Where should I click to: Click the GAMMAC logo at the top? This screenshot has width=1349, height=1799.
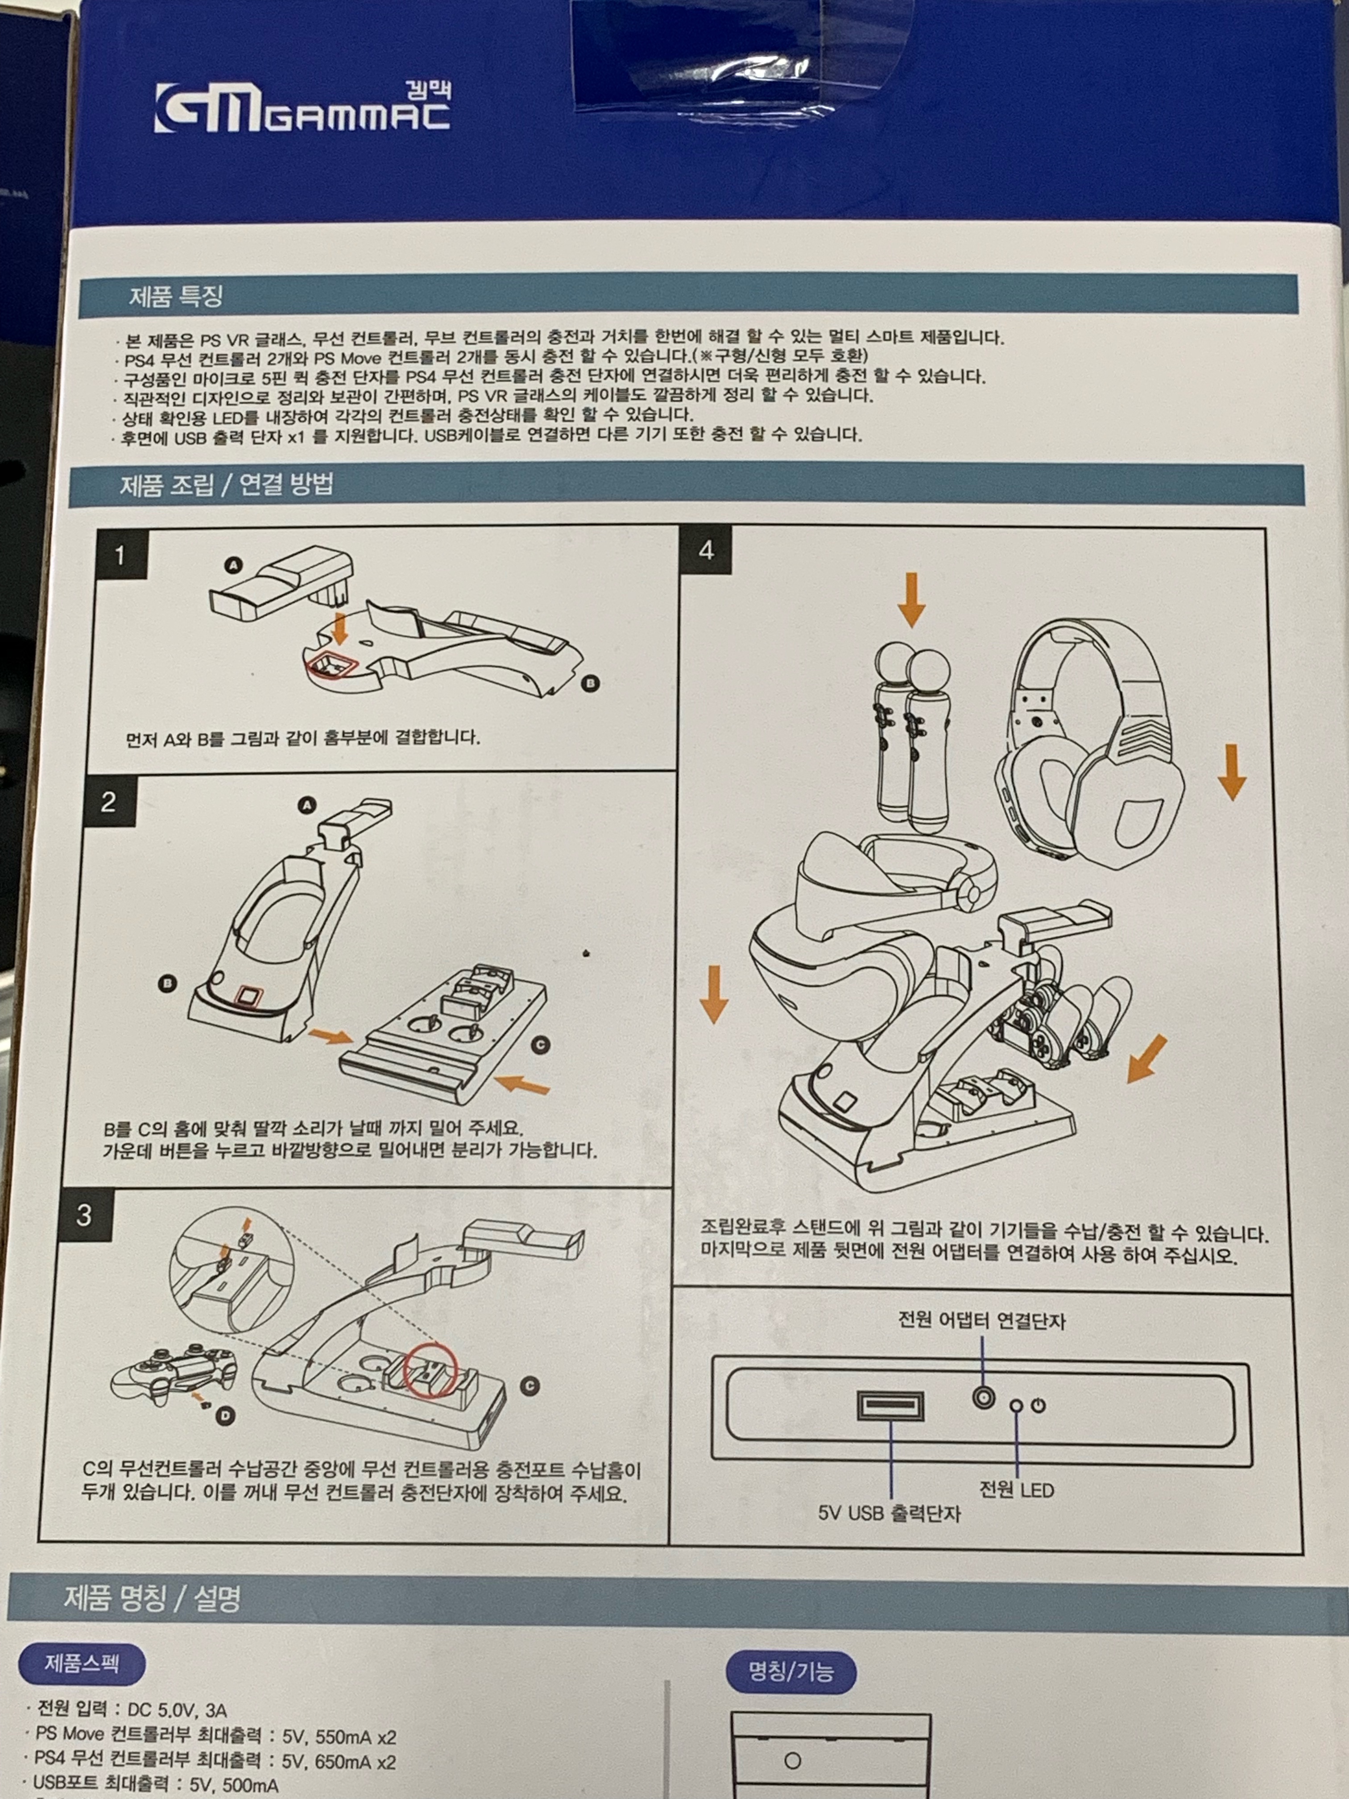[302, 108]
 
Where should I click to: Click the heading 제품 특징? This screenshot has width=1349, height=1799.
[176, 296]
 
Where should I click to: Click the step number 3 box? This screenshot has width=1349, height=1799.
[85, 1215]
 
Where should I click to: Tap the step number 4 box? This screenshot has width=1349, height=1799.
[706, 551]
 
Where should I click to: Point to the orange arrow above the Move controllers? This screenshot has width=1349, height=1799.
[911, 599]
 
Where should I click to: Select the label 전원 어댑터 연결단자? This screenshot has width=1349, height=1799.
[981, 1320]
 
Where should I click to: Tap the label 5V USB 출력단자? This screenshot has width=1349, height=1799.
[890, 1513]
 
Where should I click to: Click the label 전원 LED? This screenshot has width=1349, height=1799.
[1016, 1490]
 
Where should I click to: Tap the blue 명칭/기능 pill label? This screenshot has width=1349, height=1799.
[790, 1671]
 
